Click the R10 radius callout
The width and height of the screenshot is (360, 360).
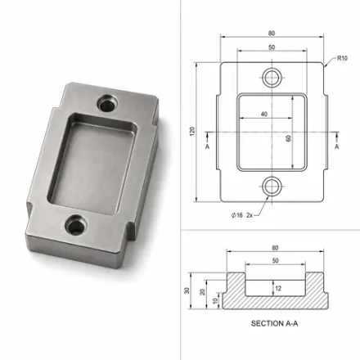(x=342, y=58)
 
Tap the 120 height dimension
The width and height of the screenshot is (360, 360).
(x=192, y=132)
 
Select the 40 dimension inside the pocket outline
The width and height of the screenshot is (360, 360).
(x=264, y=114)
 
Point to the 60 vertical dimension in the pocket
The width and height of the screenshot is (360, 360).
(x=288, y=138)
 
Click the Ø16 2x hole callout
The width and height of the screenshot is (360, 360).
(x=242, y=215)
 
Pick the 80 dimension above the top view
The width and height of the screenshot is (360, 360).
(x=272, y=34)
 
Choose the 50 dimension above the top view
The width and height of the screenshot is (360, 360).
(x=272, y=47)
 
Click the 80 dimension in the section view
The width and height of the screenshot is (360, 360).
(x=275, y=248)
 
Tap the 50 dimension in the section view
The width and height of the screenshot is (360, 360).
(x=276, y=261)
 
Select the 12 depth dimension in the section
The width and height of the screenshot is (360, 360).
(x=278, y=288)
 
